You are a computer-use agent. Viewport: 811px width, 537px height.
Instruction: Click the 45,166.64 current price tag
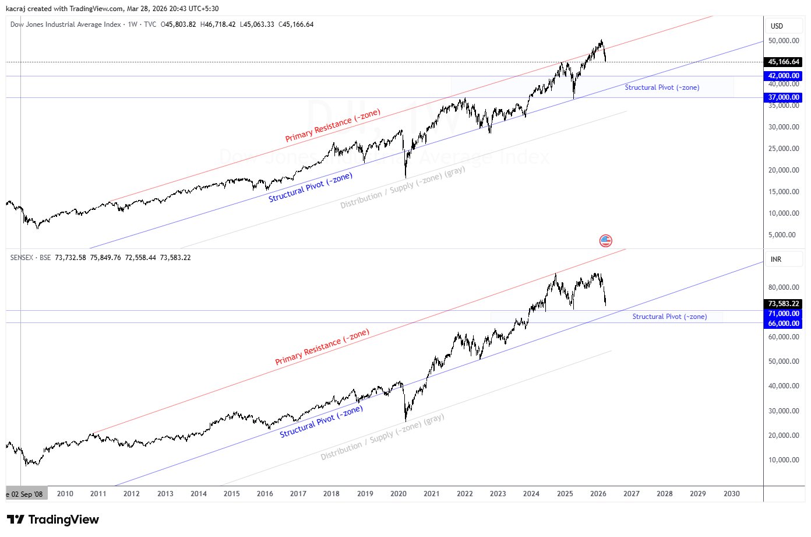(784, 62)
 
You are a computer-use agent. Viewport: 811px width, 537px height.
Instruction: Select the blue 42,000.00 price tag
(784, 76)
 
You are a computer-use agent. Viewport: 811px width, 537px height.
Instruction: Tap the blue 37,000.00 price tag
(784, 97)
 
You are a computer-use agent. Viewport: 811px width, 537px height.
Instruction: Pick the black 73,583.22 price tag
(784, 304)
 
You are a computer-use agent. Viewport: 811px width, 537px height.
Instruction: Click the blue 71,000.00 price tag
(784, 314)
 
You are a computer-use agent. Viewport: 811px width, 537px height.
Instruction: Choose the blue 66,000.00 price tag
(784, 324)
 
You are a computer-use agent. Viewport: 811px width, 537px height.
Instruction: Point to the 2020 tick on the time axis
(399, 494)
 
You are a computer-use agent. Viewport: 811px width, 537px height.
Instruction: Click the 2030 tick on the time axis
(732, 494)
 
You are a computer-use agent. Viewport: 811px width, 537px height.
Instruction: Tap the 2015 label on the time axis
(232, 494)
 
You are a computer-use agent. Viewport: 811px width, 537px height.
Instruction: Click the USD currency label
(777, 26)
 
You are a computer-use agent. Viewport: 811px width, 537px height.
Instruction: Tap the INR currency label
(776, 259)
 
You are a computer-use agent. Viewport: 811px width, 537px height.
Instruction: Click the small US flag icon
(606, 240)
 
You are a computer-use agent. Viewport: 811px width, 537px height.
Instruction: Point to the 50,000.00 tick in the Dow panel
(784, 41)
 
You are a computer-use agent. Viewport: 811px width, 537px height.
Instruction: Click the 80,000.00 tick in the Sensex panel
(784, 287)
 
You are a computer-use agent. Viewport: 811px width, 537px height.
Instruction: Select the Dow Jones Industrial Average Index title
(65, 24)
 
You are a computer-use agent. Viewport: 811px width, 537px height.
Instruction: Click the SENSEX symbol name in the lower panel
(22, 258)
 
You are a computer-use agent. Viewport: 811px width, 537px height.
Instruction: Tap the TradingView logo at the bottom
(53, 520)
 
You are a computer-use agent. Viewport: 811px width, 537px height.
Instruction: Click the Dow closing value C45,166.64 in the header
(296, 24)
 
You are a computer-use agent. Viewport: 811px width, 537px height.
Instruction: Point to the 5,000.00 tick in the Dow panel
(782, 235)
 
